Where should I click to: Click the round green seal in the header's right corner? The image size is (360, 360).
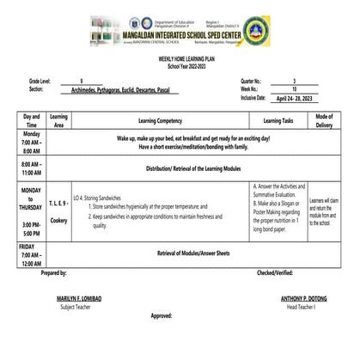326,33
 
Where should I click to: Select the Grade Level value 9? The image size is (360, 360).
82,79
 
